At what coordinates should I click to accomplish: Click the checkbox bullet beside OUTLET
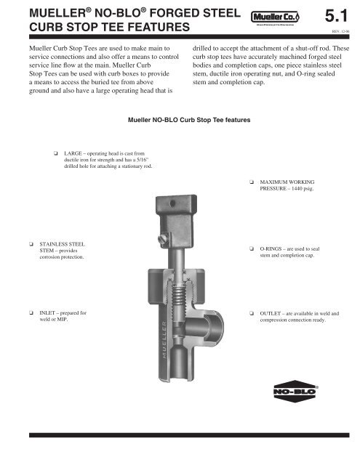coord(250,312)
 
